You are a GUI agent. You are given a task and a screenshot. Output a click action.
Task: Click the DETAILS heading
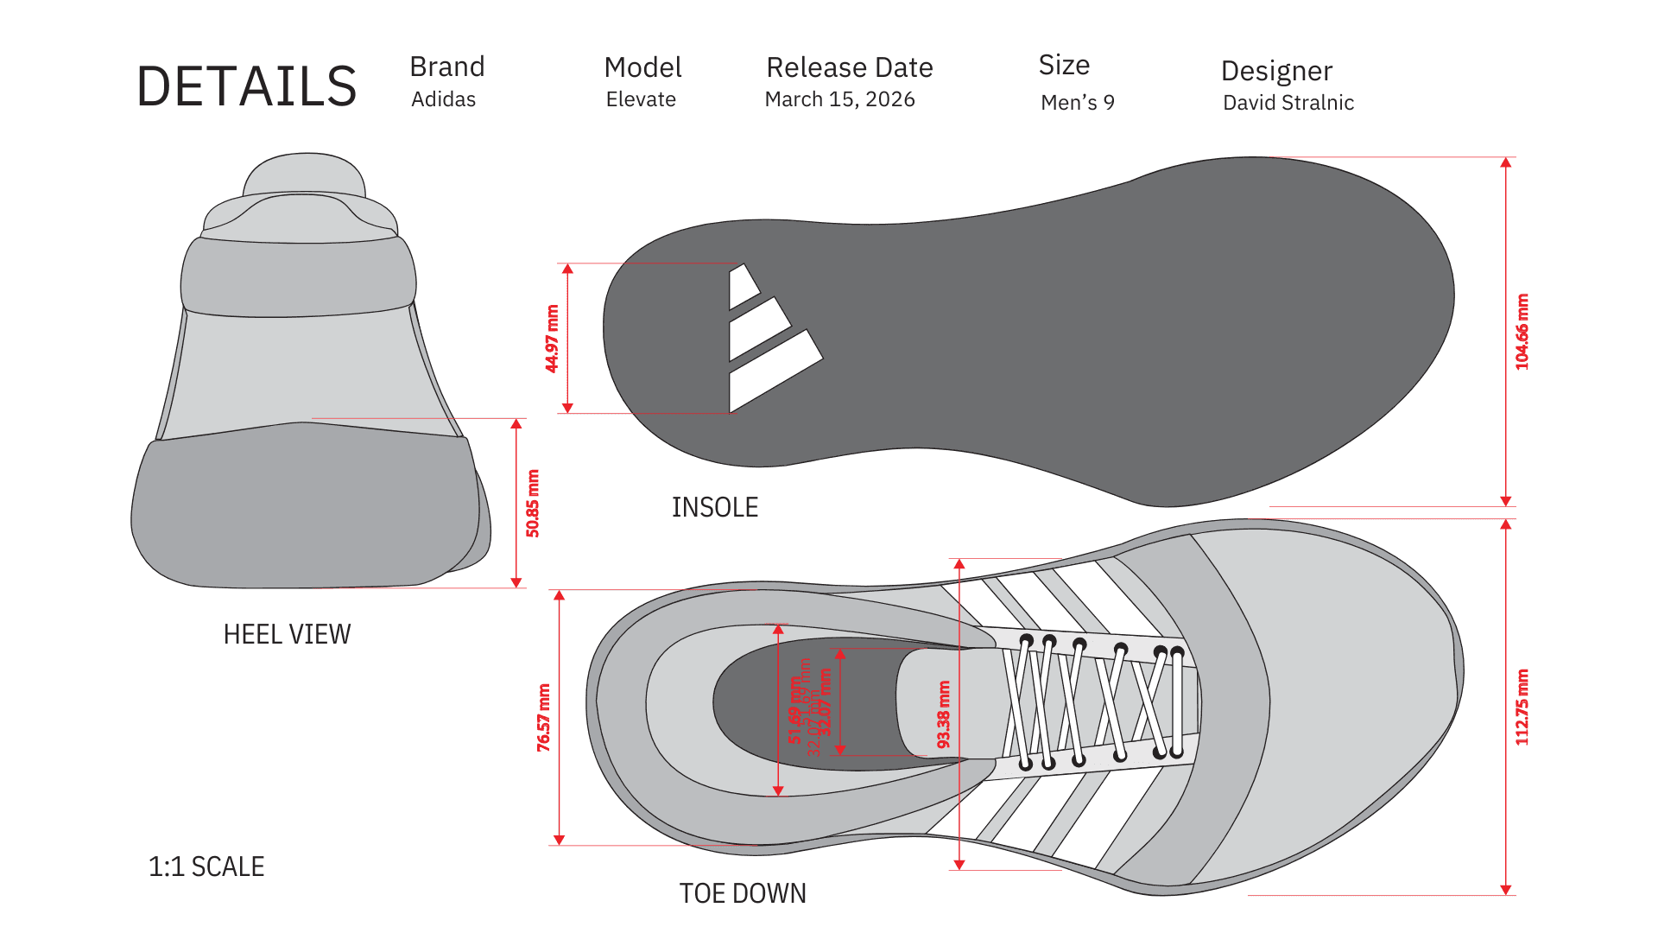point(247,87)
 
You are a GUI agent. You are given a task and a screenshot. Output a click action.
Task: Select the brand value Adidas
point(443,99)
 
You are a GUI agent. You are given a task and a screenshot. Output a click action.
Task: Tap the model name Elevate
point(641,99)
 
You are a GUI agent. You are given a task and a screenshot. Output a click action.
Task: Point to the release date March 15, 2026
point(839,99)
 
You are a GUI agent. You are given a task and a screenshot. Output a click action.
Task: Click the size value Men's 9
point(1077,103)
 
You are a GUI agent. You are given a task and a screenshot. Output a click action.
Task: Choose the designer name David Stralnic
point(1288,103)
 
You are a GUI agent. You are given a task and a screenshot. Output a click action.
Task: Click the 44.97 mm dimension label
point(552,339)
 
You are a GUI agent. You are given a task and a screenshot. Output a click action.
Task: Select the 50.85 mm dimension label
point(533,504)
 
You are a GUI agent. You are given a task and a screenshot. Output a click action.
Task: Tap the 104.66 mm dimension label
point(1522,333)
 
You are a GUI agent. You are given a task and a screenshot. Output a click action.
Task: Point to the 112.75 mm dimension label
point(1522,707)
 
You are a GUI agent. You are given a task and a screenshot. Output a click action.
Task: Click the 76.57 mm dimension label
point(543,717)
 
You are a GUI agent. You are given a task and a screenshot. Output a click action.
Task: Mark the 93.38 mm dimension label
point(944,714)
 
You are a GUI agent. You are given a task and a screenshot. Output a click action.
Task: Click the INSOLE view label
point(715,507)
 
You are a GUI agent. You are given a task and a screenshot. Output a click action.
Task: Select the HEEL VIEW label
point(287,635)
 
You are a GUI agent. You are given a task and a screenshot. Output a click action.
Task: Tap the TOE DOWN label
point(743,893)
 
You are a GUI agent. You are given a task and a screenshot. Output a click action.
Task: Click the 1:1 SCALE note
point(206,866)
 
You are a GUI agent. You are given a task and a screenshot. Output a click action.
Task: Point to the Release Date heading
point(850,67)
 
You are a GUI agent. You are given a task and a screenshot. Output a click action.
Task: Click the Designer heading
point(1276,71)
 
